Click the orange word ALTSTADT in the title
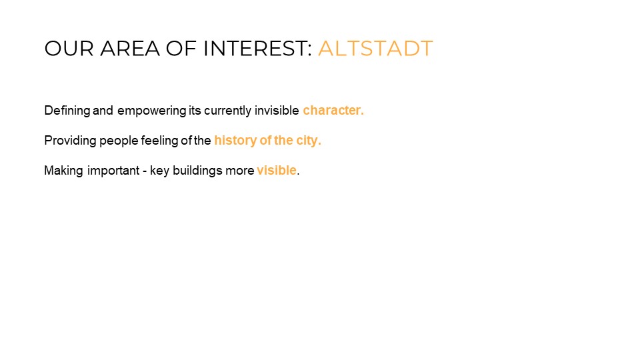pos(375,48)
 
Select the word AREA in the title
pos(130,48)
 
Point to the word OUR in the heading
pos(69,48)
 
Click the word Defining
pos(67,111)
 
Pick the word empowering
pos(151,111)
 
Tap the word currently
pos(228,111)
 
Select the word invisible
pos(277,110)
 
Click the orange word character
pos(333,110)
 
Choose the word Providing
pos(70,141)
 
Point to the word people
pos(119,141)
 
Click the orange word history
pos(235,141)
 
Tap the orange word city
pos(308,141)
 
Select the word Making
pos(64,171)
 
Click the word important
pos(113,171)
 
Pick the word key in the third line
pos(159,171)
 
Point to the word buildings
pos(197,171)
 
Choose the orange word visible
pos(277,170)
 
